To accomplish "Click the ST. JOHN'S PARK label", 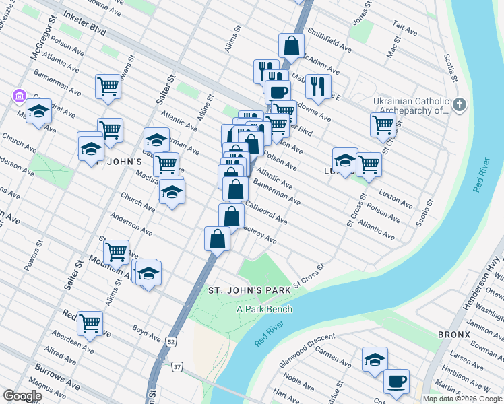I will pyautogui.click(x=249, y=290).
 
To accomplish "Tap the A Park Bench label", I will pyautogui.click(x=264, y=309).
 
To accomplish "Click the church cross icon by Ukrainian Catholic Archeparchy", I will pyautogui.click(x=460, y=104).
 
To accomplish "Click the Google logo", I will pyautogui.click(x=22, y=396).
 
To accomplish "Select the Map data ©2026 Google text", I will pyautogui.click(x=462, y=399).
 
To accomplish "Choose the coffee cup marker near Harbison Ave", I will pyautogui.click(x=396, y=381).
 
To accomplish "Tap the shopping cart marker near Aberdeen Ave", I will pyautogui.click(x=90, y=323).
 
